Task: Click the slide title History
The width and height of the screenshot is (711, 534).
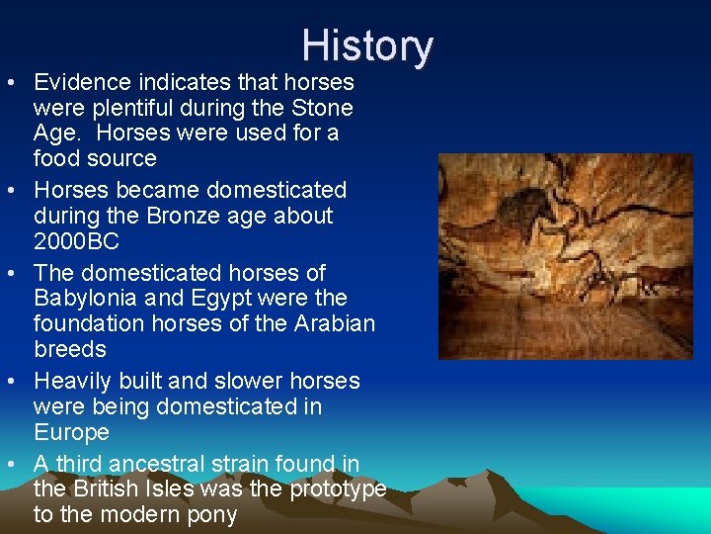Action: click(x=367, y=46)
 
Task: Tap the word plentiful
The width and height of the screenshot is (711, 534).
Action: click(x=130, y=107)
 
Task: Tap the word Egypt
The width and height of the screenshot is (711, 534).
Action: click(x=227, y=298)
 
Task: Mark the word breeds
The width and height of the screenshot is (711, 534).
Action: click(x=69, y=349)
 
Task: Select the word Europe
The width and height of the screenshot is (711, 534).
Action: click(x=71, y=432)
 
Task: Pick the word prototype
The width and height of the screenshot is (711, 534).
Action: click(x=336, y=489)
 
